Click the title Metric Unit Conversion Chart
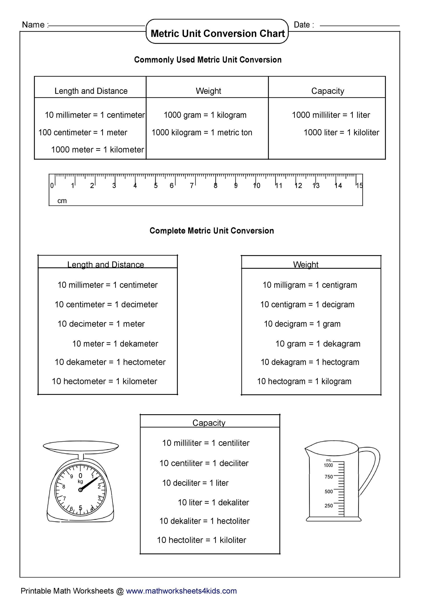click(217, 33)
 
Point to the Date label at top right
click(303, 25)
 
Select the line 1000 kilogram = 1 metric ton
click(202, 132)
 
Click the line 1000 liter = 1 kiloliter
click(341, 132)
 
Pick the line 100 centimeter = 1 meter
click(83, 132)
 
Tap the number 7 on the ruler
click(192, 185)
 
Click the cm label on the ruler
click(62, 201)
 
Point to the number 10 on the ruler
click(257, 185)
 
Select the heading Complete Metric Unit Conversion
click(211, 231)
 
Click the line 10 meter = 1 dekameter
click(115, 344)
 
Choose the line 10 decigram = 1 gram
click(302, 324)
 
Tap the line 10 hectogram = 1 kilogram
click(304, 381)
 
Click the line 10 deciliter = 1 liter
click(195, 483)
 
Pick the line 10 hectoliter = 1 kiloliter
click(201, 540)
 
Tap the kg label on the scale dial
click(80, 481)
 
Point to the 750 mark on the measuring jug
click(328, 477)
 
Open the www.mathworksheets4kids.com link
click(181, 591)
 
